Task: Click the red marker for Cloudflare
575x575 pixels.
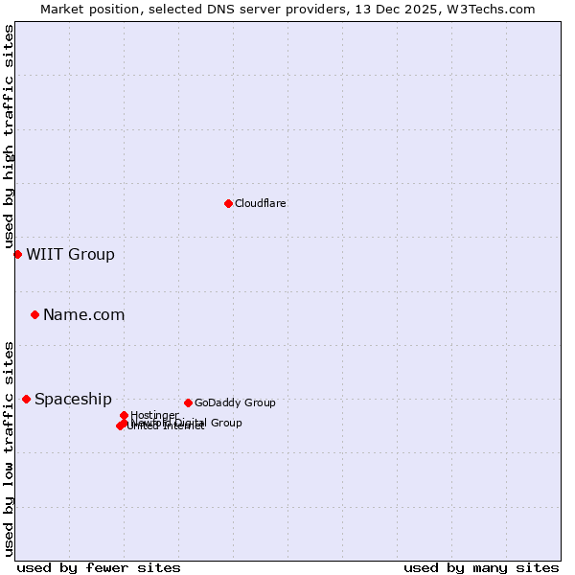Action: click(228, 203)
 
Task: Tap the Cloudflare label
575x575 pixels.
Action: click(261, 203)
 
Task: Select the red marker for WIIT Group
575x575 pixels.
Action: click(17, 254)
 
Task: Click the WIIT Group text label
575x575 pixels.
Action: click(70, 255)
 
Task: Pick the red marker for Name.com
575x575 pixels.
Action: click(34, 314)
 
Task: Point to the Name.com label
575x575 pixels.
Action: click(83, 315)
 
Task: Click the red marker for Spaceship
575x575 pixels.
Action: click(26, 399)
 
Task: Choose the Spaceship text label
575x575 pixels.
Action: click(73, 400)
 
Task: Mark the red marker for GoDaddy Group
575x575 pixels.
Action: click(188, 402)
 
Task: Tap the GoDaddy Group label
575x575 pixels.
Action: click(235, 403)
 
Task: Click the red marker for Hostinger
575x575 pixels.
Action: click(124, 415)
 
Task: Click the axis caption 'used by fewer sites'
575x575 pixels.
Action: click(99, 567)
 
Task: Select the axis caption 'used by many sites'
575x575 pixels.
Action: click(481, 567)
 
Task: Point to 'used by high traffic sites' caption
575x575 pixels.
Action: click(9, 137)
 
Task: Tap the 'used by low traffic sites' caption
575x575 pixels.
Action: click(9, 448)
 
